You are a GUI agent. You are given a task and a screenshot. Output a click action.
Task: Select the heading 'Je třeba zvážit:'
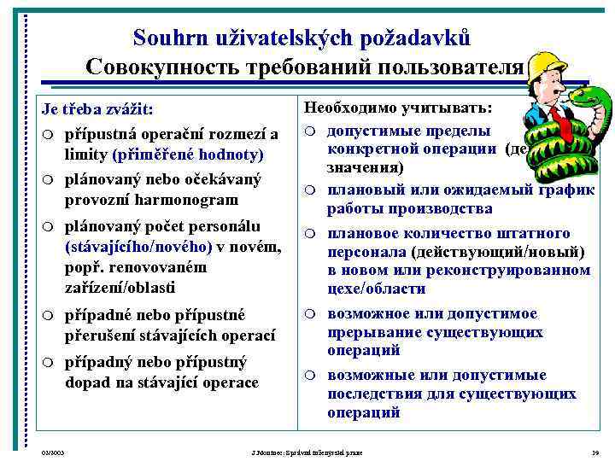click(x=97, y=112)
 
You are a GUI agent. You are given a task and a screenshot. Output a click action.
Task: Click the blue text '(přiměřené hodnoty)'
click(x=187, y=155)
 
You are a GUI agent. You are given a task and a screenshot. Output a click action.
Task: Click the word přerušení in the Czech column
click(x=104, y=334)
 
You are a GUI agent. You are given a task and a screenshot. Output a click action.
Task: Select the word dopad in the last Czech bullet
click(x=85, y=382)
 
